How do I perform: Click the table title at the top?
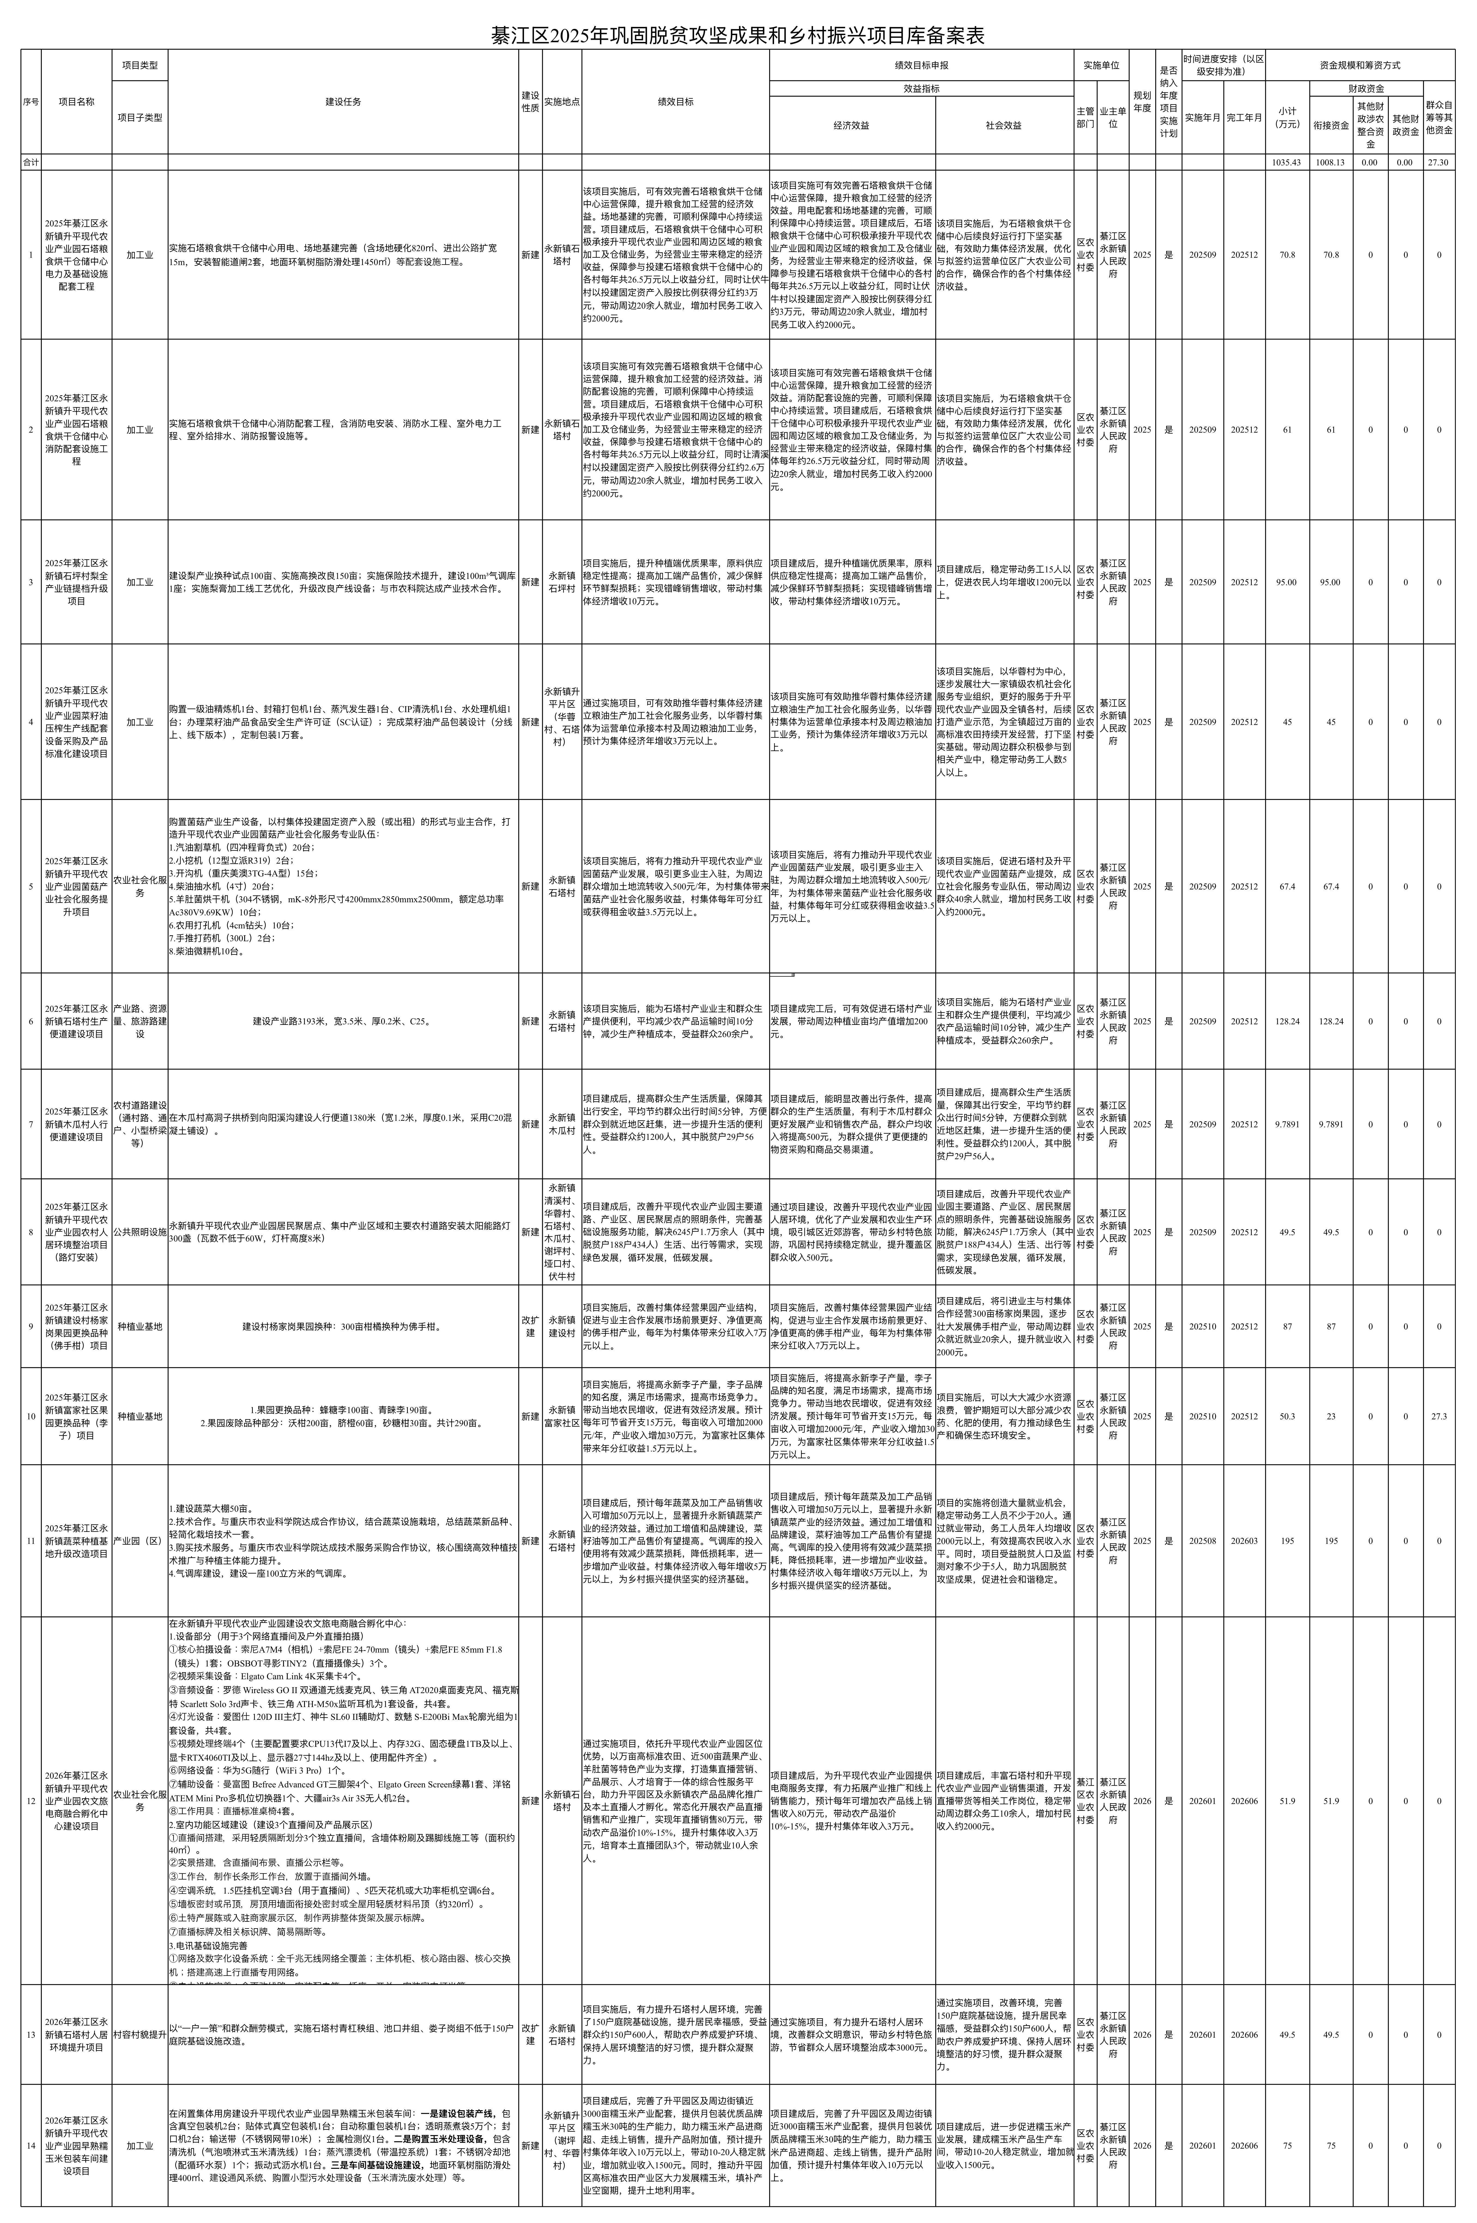(738, 36)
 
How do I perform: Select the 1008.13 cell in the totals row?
(1330, 162)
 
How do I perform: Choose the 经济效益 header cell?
(851, 124)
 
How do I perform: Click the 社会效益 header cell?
(1004, 124)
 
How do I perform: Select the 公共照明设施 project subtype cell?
(140, 1232)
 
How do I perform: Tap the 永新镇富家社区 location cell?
(562, 1416)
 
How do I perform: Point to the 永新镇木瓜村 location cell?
(562, 1124)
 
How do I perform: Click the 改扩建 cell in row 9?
(530, 1326)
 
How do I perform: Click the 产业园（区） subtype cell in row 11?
(140, 1541)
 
